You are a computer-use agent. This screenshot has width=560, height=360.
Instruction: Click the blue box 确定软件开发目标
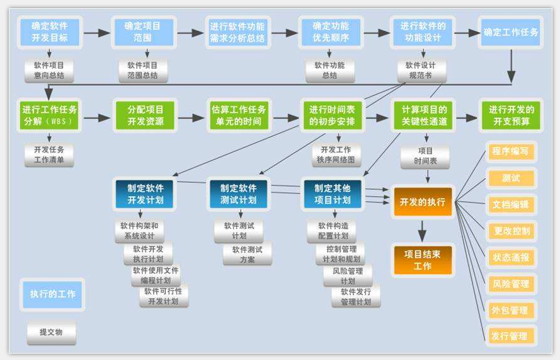pos(50,32)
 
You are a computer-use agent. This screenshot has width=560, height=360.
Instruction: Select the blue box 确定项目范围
pos(144,32)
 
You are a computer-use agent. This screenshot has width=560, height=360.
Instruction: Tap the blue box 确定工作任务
pos(511,32)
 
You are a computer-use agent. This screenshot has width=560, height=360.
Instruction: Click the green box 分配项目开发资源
pos(145,115)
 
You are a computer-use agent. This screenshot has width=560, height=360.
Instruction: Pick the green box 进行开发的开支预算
pos(511,115)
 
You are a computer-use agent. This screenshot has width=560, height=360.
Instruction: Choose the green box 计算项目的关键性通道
pos(423,115)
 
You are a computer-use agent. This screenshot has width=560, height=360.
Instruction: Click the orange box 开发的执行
pos(423,202)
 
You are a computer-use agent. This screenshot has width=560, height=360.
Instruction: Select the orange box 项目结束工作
pos(423,260)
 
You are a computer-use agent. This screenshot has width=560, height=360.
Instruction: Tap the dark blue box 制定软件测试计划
pos(238,194)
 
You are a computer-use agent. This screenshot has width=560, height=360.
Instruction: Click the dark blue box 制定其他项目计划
pos(333,194)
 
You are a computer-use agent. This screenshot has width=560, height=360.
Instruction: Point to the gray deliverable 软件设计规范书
pos(422,71)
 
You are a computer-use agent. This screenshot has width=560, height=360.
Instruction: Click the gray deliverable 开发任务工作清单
pos(49,155)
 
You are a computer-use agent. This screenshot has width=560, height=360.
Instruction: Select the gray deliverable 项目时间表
pos(425,156)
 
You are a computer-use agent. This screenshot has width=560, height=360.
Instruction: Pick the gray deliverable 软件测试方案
pos(248,254)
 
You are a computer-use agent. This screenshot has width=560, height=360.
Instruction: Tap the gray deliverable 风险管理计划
pos(348,276)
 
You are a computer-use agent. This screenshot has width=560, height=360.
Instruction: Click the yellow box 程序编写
pos(511,151)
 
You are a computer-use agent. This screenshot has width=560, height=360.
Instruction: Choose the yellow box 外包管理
pos(511,310)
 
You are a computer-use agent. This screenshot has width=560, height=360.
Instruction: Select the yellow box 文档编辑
pos(511,204)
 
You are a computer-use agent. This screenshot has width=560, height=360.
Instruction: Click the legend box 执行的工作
pos(52,294)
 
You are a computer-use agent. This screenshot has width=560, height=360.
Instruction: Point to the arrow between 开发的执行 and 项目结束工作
pos(423,231)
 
